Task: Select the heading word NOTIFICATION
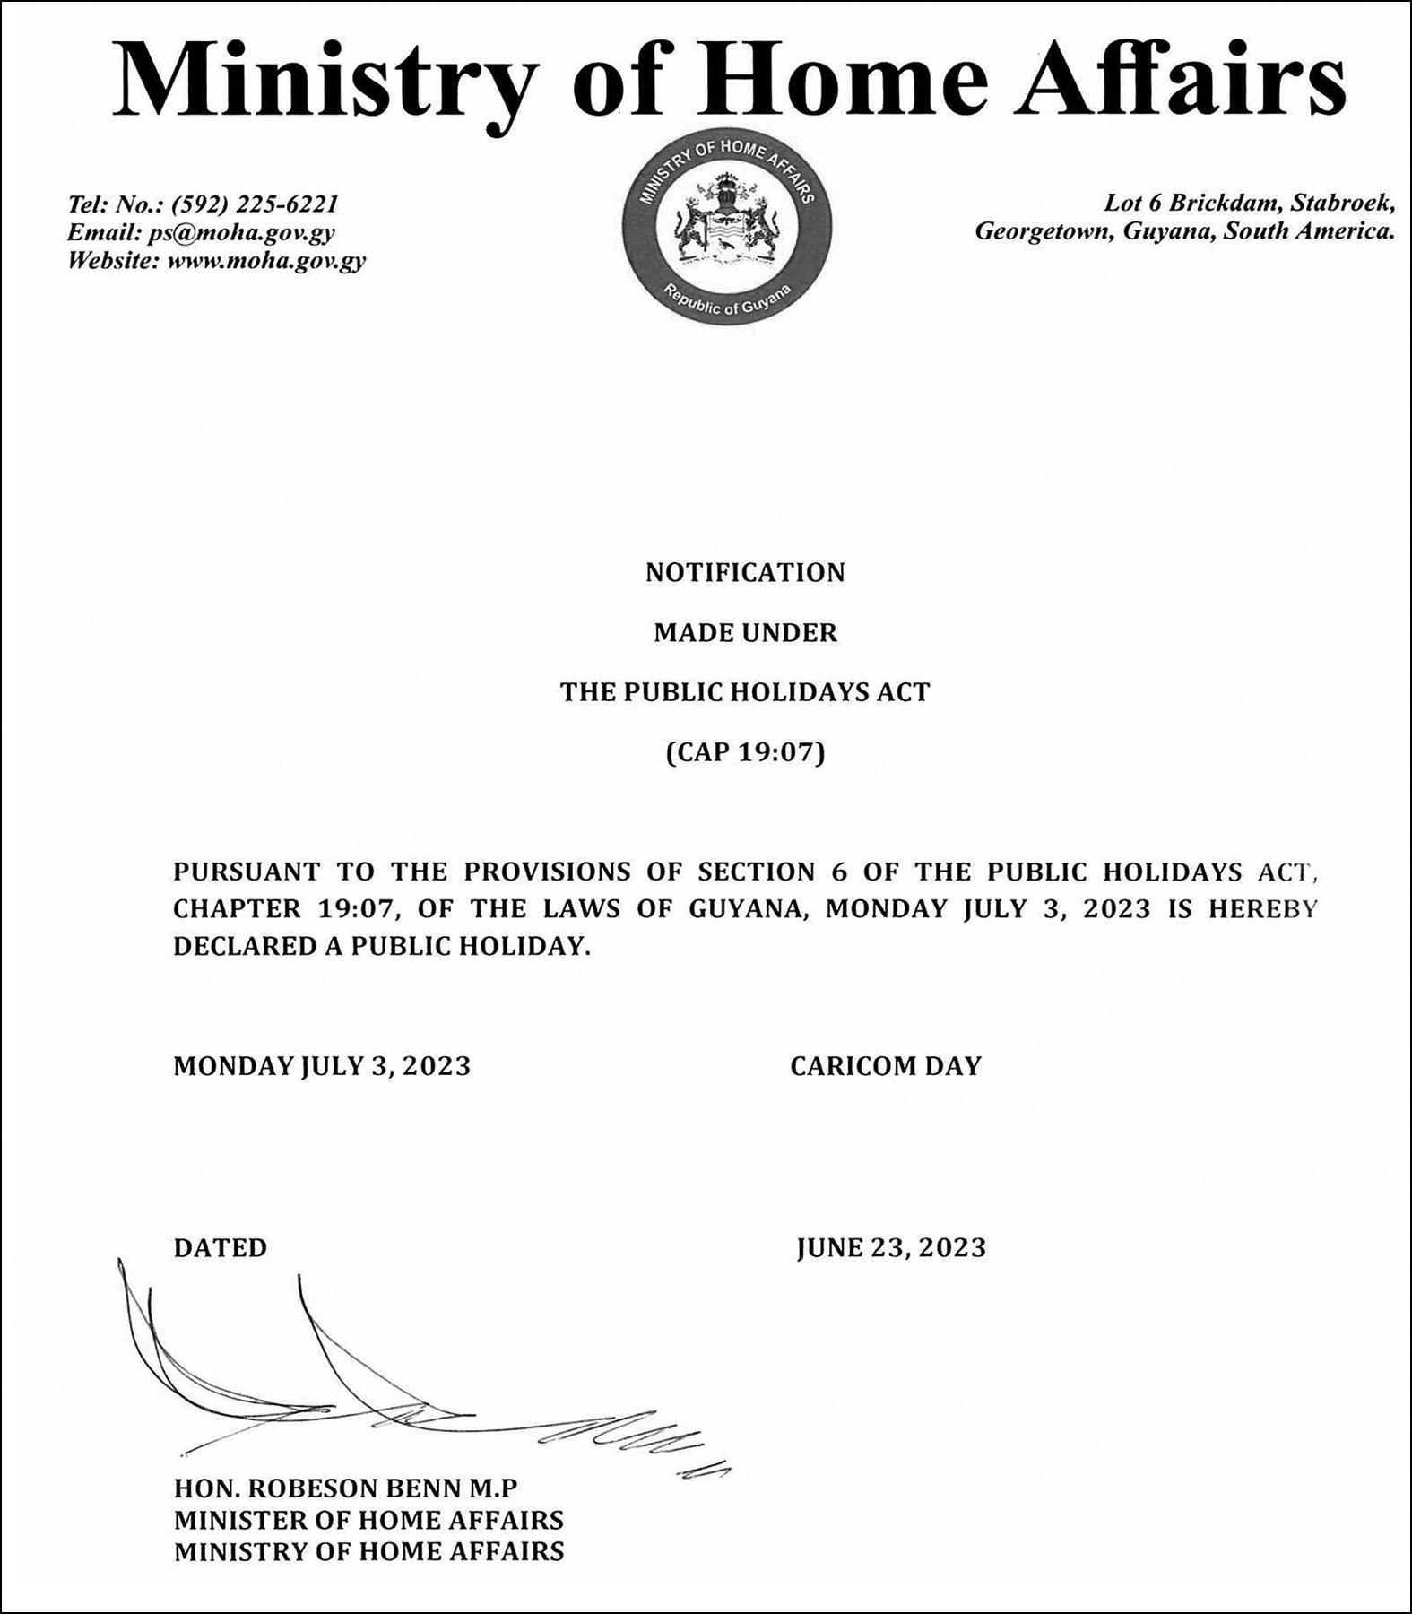tap(745, 573)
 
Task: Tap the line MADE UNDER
tap(745, 633)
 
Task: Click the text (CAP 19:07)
tap(745, 752)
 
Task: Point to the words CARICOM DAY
tap(886, 1066)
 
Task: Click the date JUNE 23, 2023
tap(891, 1248)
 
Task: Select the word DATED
tap(221, 1248)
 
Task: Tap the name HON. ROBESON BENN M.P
tap(346, 1488)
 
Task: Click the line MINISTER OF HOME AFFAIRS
tap(368, 1520)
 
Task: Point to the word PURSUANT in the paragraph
tap(247, 872)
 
